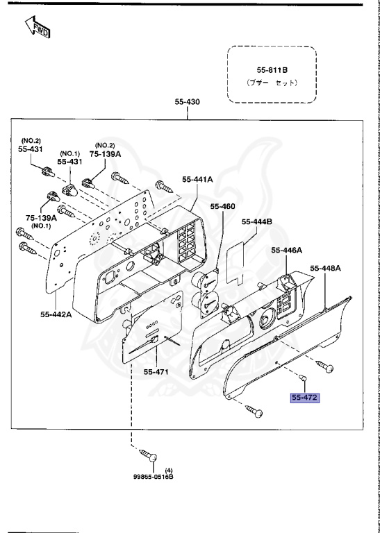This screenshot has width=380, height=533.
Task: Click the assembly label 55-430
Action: click(x=188, y=102)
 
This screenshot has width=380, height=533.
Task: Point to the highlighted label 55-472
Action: click(x=304, y=398)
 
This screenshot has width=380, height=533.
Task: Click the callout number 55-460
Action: click(x=223, y=206)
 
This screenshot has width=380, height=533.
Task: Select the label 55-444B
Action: click(x=256, y=222)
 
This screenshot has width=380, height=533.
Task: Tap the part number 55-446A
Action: click(x=288, y=250)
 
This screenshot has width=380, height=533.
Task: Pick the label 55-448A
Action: click(x=326, y=268)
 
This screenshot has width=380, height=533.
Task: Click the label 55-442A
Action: click(x=56, y=314)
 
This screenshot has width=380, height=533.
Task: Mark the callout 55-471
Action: click(x=156, y=372)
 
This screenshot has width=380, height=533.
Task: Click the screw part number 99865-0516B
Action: click(x=154, y=477)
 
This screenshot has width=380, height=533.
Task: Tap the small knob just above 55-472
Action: click(x=303, y=378)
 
